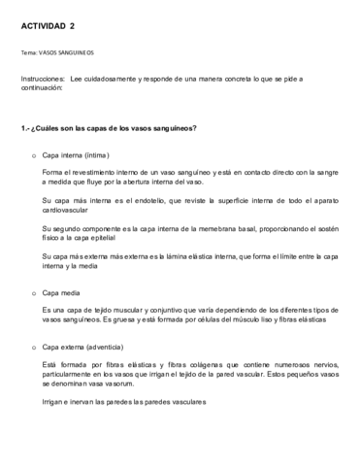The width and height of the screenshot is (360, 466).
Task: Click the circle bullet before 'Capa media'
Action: click(x=35, y=290)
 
